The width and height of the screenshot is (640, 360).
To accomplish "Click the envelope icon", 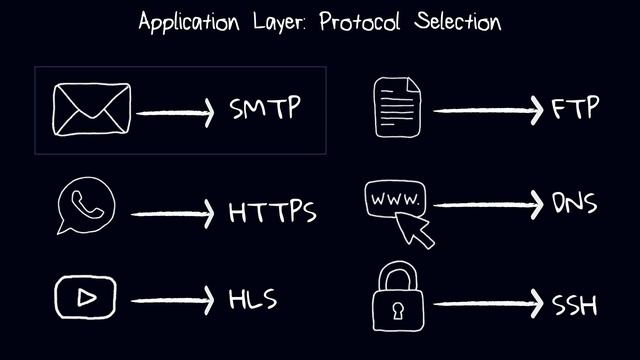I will pos(93,110).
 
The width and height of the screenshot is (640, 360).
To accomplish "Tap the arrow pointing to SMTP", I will pos(175,112).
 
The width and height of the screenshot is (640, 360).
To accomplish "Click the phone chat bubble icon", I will pos(86,208).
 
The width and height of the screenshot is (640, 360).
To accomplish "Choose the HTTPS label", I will pos(272,213).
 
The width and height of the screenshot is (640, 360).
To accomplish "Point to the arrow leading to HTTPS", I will pos(172,213).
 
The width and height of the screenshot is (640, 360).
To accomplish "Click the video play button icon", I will pos(86,297).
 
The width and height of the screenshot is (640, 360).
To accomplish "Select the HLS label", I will pos(252,299).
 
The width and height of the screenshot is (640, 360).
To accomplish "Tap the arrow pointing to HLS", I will pos(172,300).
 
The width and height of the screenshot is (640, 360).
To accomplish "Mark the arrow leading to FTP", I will pos(489,109).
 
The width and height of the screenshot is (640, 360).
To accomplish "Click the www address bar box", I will pos(397,199).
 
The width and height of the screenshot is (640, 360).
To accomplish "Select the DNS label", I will pos(575,204).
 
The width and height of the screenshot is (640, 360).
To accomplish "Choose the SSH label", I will pos(575,303).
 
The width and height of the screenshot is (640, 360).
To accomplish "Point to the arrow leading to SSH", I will pos(489,303).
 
